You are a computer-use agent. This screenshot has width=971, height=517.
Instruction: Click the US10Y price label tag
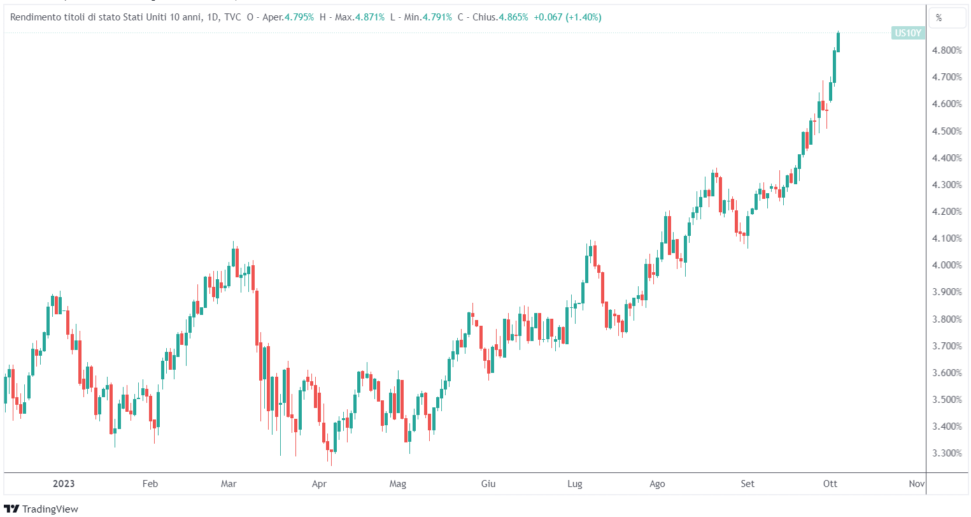tap(907, 33)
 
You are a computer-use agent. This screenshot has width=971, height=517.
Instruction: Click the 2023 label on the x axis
tap(64, 484)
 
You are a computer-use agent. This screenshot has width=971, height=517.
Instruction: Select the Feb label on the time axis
tap(150, 484)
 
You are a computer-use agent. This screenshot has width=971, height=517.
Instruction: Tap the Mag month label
tap(398, 484)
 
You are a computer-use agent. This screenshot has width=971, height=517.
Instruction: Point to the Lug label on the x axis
tap(575, 484)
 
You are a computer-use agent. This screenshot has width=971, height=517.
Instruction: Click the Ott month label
tap(830, 484)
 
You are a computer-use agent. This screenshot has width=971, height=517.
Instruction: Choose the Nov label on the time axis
tap(917, 484)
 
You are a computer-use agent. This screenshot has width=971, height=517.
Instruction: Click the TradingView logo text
tap(50, 509)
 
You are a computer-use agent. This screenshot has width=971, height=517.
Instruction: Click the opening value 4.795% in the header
tap(299, 17)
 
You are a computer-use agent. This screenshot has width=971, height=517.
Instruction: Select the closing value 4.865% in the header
tap(513, 17)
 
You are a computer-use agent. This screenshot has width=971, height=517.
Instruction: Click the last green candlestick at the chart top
tap(839, 42)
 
